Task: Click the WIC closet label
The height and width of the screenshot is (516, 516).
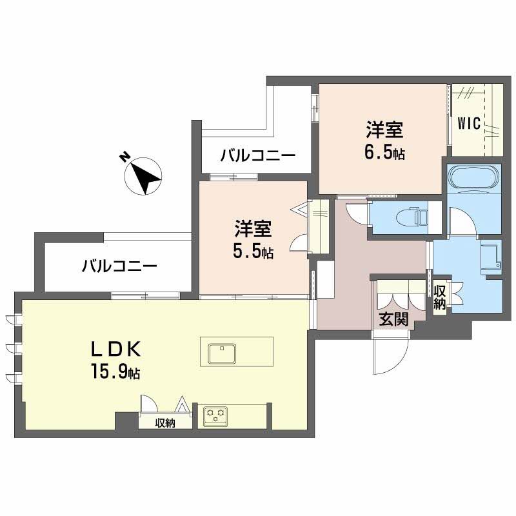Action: coord(469,124)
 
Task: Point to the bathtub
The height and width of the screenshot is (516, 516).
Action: coord(473,177)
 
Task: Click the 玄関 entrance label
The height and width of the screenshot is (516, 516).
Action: coord(393,318)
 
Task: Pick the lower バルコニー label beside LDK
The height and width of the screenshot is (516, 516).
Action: coord(119,266)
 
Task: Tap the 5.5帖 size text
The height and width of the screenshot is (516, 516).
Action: coord(253,252)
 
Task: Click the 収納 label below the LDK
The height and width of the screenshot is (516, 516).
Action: coord(165,423)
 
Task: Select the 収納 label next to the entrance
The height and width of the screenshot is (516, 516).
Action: coord(440,297)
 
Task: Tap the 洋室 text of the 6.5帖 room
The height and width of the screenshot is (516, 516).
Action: coord(385,131)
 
